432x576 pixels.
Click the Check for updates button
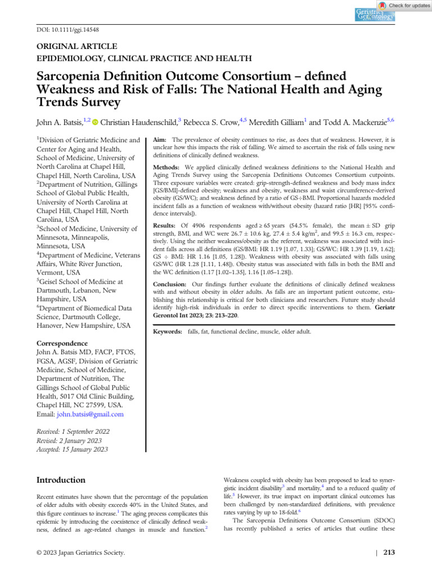coord(404,5)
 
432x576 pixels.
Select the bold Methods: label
coord(166,168)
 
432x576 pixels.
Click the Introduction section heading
coord(61,480)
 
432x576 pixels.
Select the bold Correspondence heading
coord(62,343)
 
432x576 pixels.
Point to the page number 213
coord(389,552)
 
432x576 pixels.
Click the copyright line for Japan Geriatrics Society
coord(80,552)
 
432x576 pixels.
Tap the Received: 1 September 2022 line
coord(73,431)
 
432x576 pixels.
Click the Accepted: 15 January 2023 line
coord(72,449)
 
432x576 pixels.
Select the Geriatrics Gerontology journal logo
coord(375,15)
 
